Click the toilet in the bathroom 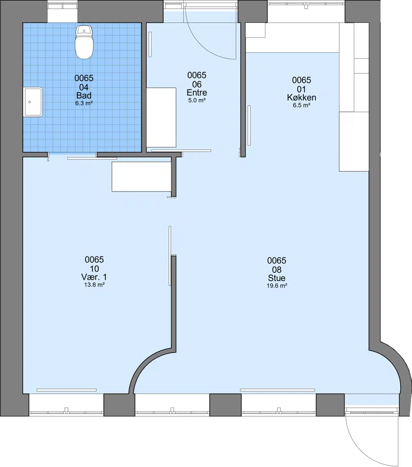pos(84,42)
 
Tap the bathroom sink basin pos(33,102)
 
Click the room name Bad pos(84,96)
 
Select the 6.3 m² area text pos(84,103)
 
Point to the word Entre pos(197,93)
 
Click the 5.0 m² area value pos(197,100)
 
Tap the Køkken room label pos(301,97)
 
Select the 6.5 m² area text pos(301,105)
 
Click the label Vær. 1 pos(94,277)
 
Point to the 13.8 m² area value pos(94,285)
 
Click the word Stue pos(277,278)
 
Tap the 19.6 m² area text pos(277,286)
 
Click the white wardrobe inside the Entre pos(161,117)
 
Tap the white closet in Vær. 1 pos(142,177)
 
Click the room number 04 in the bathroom pos(84,87)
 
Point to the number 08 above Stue pos(277,270)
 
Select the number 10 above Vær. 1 pos(94,269)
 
